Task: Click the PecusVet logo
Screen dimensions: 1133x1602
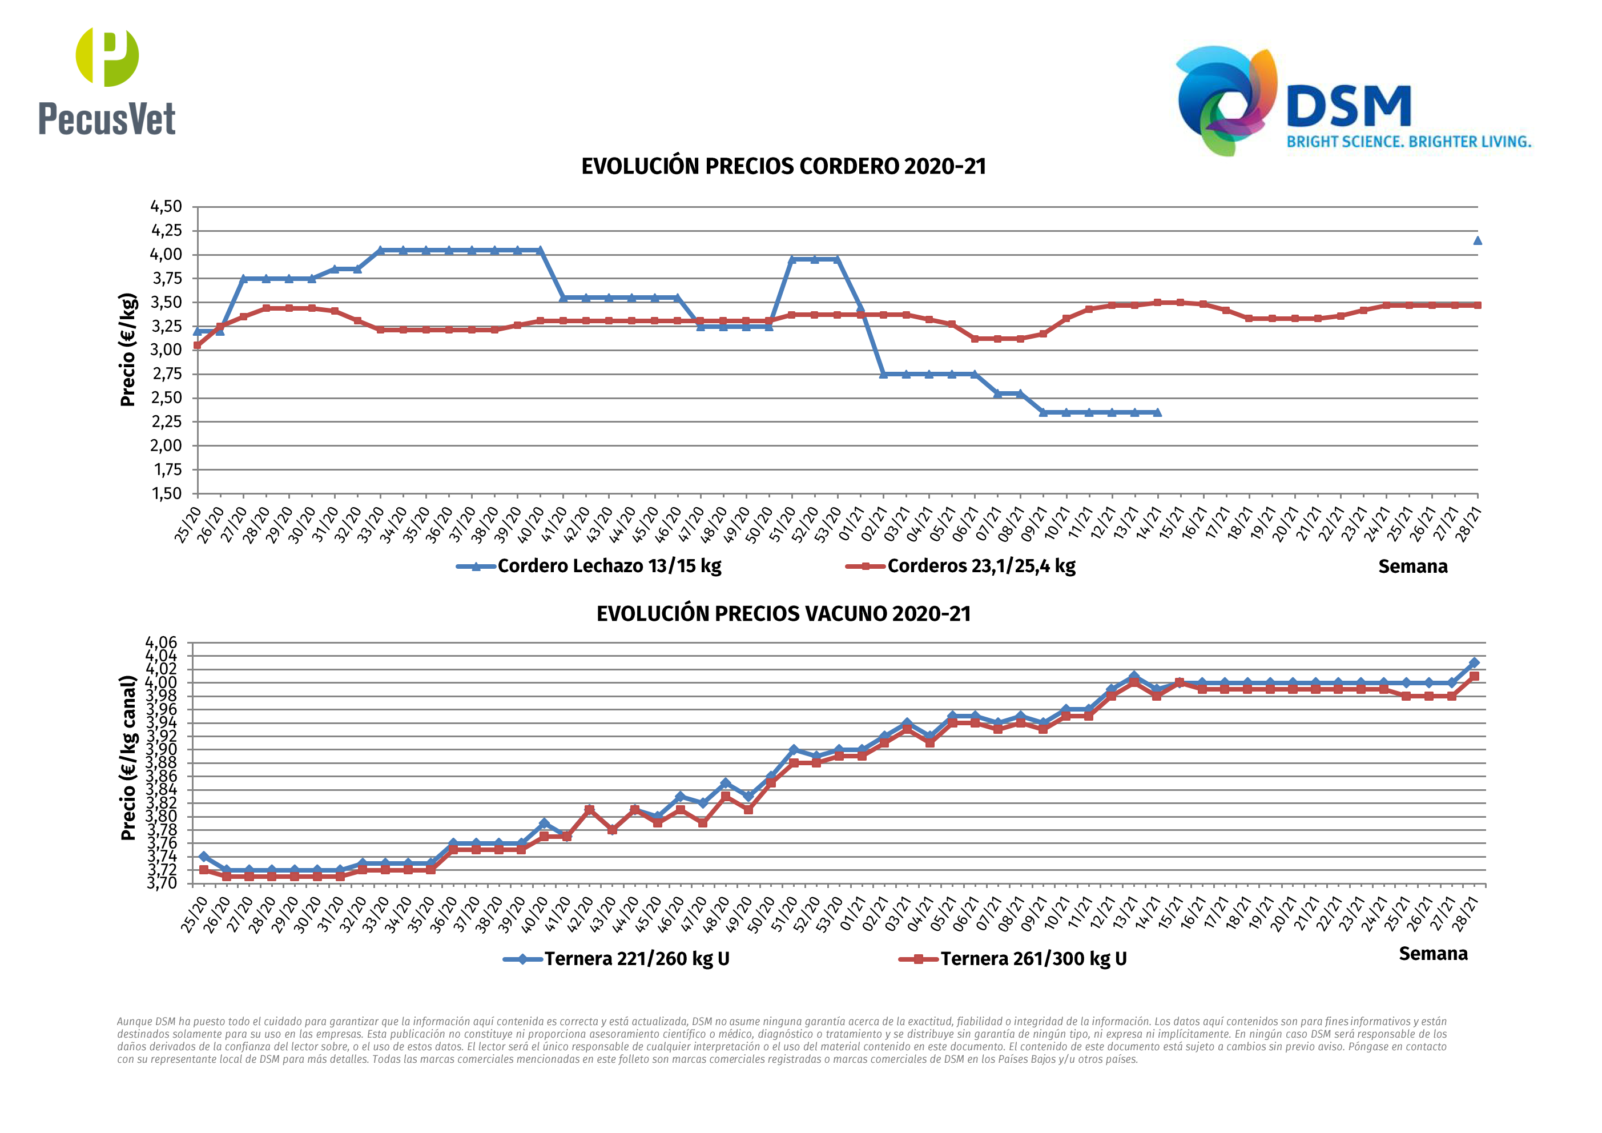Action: [107, 82]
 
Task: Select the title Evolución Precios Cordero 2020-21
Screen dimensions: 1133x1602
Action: [783, 167]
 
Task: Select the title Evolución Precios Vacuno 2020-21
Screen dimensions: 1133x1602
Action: [783, 614]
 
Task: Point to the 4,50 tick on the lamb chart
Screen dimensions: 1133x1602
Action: [166, 207]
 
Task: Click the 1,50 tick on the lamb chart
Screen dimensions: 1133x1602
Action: [166, 493]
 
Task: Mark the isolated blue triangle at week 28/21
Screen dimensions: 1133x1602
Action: [1477, 241]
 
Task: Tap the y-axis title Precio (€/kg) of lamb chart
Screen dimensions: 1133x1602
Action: [128, 349]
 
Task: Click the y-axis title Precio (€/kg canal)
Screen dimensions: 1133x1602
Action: [128, 757]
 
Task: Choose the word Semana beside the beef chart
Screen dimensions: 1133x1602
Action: [1432, 954]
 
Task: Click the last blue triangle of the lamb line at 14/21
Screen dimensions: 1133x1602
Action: [1158, 412]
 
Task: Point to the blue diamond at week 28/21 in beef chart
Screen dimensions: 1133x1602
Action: [1474, 662]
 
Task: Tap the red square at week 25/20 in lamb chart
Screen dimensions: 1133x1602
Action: [198, 345]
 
